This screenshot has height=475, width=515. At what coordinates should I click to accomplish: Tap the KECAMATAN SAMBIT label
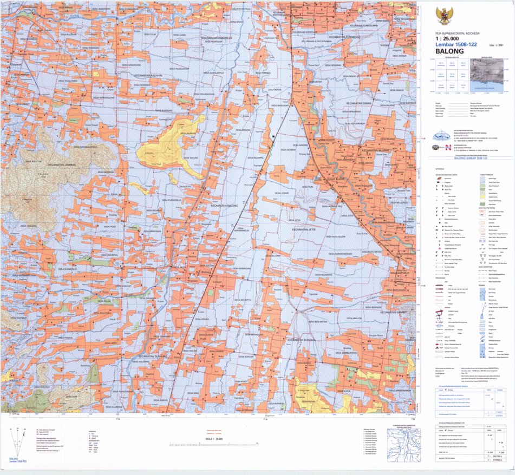click(x=396, y=312)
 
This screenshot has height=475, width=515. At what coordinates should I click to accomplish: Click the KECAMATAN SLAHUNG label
click(x=159, y=357)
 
